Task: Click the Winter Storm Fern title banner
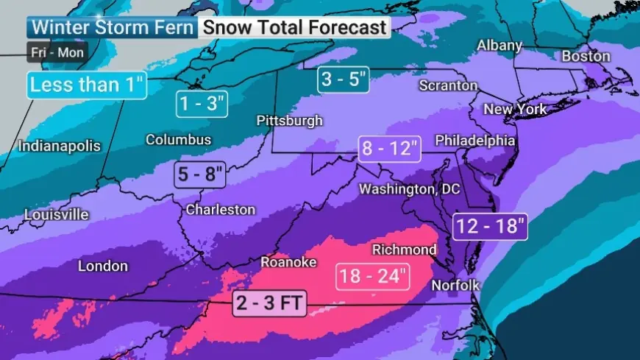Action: pos(113,28)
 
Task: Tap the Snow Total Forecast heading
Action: pos(294,28)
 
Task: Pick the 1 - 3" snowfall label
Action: pos(202,103)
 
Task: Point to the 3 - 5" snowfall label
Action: pos(344,80)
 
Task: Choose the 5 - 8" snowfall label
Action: pos(199,174)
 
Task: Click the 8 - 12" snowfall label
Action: pos(389,149)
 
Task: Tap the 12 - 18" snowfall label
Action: pos(491,225)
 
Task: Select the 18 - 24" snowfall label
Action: pos(372,276)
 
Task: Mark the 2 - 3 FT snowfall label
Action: pos(269,303)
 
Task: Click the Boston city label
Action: pos(586,56)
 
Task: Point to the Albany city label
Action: pos(499,45)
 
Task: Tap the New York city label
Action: pos(515,109)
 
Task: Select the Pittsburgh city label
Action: pos(289,120)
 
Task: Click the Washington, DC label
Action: pos(409,189)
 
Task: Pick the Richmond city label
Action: pos(404,250)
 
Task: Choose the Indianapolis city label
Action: pos(59,146)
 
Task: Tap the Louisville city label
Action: pos(56,215)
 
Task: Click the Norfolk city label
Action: pos(455,285)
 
